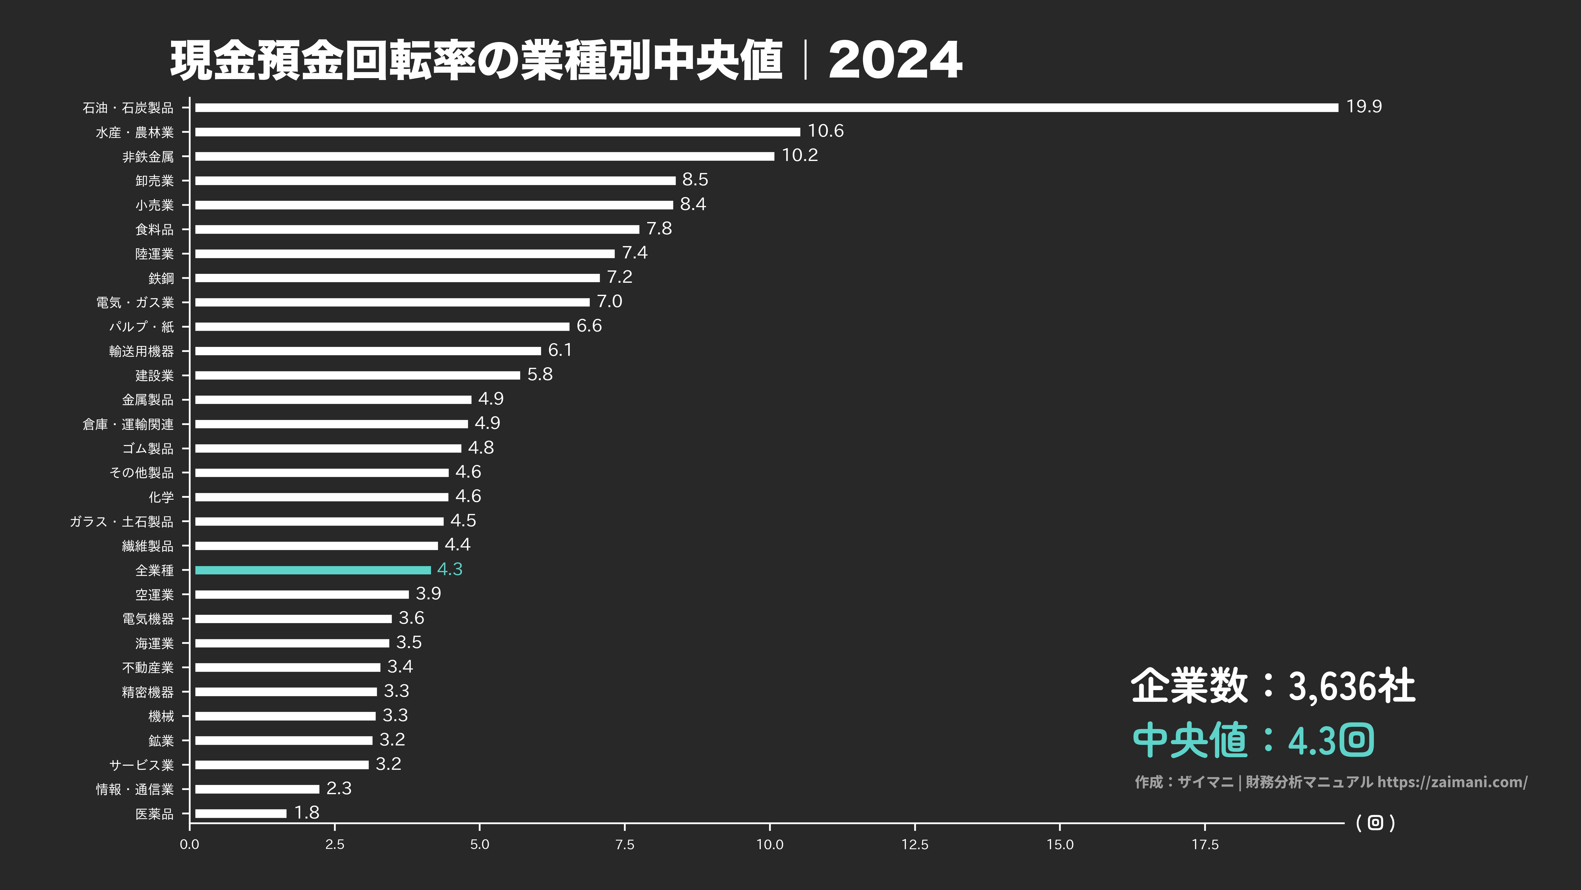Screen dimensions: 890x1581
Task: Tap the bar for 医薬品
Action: pyautogui.click(x=241, y=813)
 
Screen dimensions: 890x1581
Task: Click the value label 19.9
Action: pyautogui.click(x=1364, y=107)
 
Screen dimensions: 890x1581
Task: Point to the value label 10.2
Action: pyautogui.click(x=800, y=155)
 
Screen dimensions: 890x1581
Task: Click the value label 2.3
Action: pyautogui.click(x=339, y=788)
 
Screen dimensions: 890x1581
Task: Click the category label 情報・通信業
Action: pyautogui.click(x=135, y=789)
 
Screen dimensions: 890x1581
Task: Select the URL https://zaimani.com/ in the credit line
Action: pyautogui.click(x=1452, y=782)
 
